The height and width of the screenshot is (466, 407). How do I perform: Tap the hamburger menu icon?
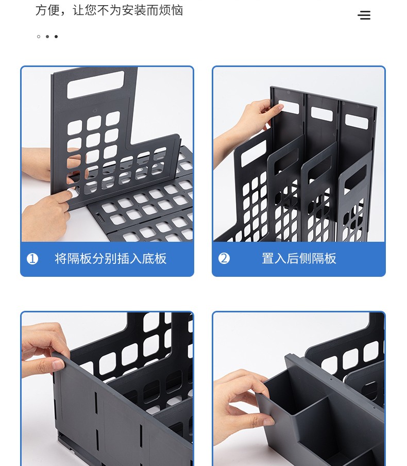(x=364, y=15)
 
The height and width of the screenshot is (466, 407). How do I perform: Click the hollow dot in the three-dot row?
(x=39, y=37)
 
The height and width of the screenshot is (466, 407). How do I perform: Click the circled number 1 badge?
(x=32, y=259)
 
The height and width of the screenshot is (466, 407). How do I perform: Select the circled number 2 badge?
(x=224, y=258)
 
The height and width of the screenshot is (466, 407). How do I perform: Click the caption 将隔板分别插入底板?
(x=111, y=259)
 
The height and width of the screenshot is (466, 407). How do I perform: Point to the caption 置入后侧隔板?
(x=299, y=258)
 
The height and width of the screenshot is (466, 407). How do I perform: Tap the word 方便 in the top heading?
(x=47, y=10)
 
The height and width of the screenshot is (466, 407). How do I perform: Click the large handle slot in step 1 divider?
(x=95, y=85)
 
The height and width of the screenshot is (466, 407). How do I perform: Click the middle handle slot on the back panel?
(x=322, y=114)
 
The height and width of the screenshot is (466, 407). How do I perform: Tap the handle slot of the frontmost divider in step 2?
(x=253, y=153)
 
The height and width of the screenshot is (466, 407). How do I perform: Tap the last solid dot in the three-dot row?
(x=56, y=37)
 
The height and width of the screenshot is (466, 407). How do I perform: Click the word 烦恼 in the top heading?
(x=171, y=10)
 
